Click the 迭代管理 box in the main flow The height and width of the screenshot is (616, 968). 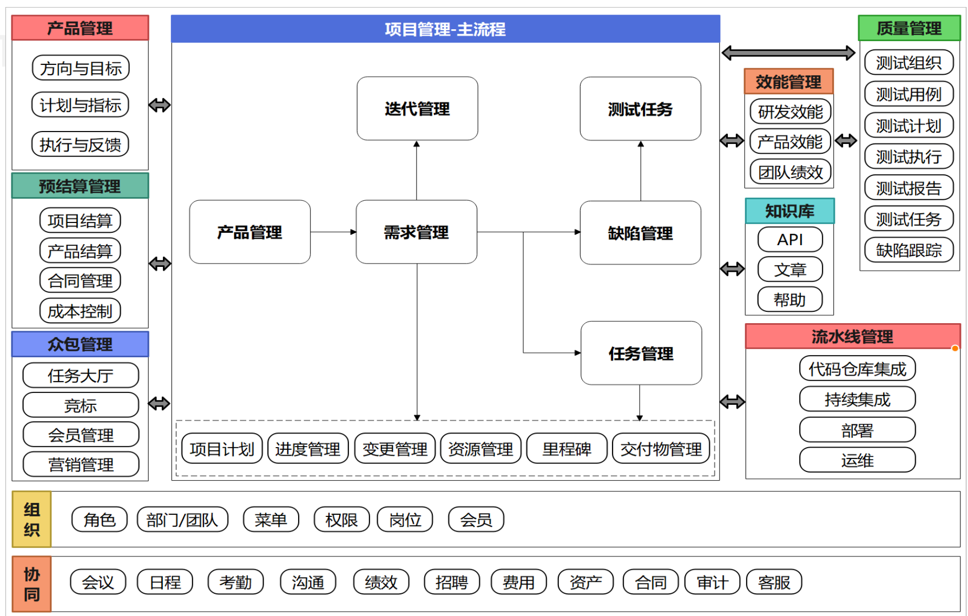(417, 109)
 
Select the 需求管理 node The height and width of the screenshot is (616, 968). (416, 232)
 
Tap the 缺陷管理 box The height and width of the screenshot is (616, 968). (640, 233)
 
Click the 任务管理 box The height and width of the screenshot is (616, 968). (641, 353)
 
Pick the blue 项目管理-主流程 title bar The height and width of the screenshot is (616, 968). (445, 29)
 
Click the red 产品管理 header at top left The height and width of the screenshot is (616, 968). (80, 28)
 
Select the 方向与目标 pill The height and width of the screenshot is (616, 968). (81, 68)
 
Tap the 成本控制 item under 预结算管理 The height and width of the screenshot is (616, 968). (80, 311)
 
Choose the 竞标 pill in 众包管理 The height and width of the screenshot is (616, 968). (81, 405)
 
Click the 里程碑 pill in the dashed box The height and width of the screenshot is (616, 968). (567, 449)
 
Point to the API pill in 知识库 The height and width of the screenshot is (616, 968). (790, 239)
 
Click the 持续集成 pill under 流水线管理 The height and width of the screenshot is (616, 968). (857, 399)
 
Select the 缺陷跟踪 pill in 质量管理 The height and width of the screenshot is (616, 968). (908, 250)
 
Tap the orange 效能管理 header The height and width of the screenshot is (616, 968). (788, 82)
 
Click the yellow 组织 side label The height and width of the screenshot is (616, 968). (32, 519)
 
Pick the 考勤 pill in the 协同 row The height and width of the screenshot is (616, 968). (235, 582)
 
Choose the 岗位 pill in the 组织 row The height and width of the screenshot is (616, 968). (405, 520)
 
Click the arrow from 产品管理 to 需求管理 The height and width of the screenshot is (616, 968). (333, 232)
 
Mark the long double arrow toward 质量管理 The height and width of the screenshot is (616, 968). (788, 53)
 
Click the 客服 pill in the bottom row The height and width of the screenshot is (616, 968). (774, 582)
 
